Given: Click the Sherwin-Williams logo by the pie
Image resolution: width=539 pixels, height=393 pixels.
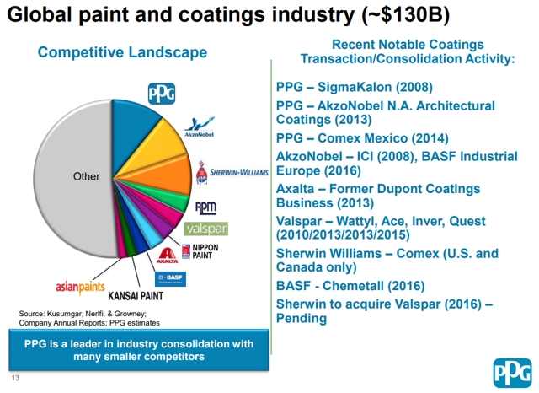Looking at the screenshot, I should [232, 174].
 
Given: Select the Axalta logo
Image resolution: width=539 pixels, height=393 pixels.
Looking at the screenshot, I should [167, 256].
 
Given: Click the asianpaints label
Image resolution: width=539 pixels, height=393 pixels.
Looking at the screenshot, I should [80, 285].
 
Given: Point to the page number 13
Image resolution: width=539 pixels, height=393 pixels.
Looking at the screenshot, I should [15, 377].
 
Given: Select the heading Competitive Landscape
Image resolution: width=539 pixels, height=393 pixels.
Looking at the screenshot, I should [122, 52].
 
